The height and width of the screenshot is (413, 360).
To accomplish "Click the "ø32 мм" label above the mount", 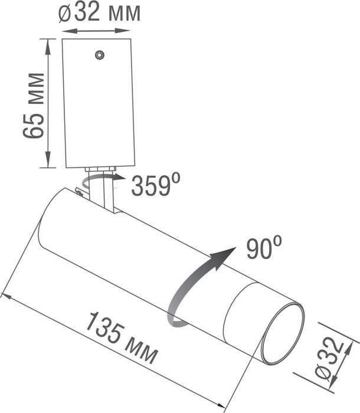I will (x=99, y=13).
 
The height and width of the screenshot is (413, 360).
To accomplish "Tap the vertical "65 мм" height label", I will (x=34, y=105).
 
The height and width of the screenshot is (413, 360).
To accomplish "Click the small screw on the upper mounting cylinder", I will (x=99, y=55).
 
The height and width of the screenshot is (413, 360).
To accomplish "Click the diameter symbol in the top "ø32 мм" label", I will (x=66, y=14).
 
